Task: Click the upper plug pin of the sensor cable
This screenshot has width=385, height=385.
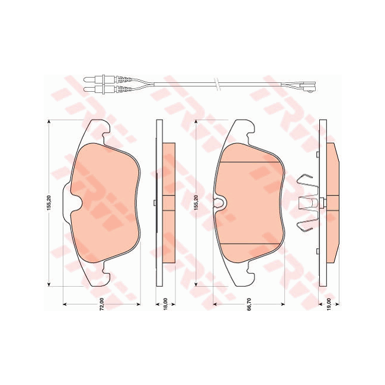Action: tap(89, 78)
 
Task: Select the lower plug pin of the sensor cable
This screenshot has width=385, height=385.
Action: tap(89, 89)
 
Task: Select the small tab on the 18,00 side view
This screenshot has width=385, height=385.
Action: tap(155, 203)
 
